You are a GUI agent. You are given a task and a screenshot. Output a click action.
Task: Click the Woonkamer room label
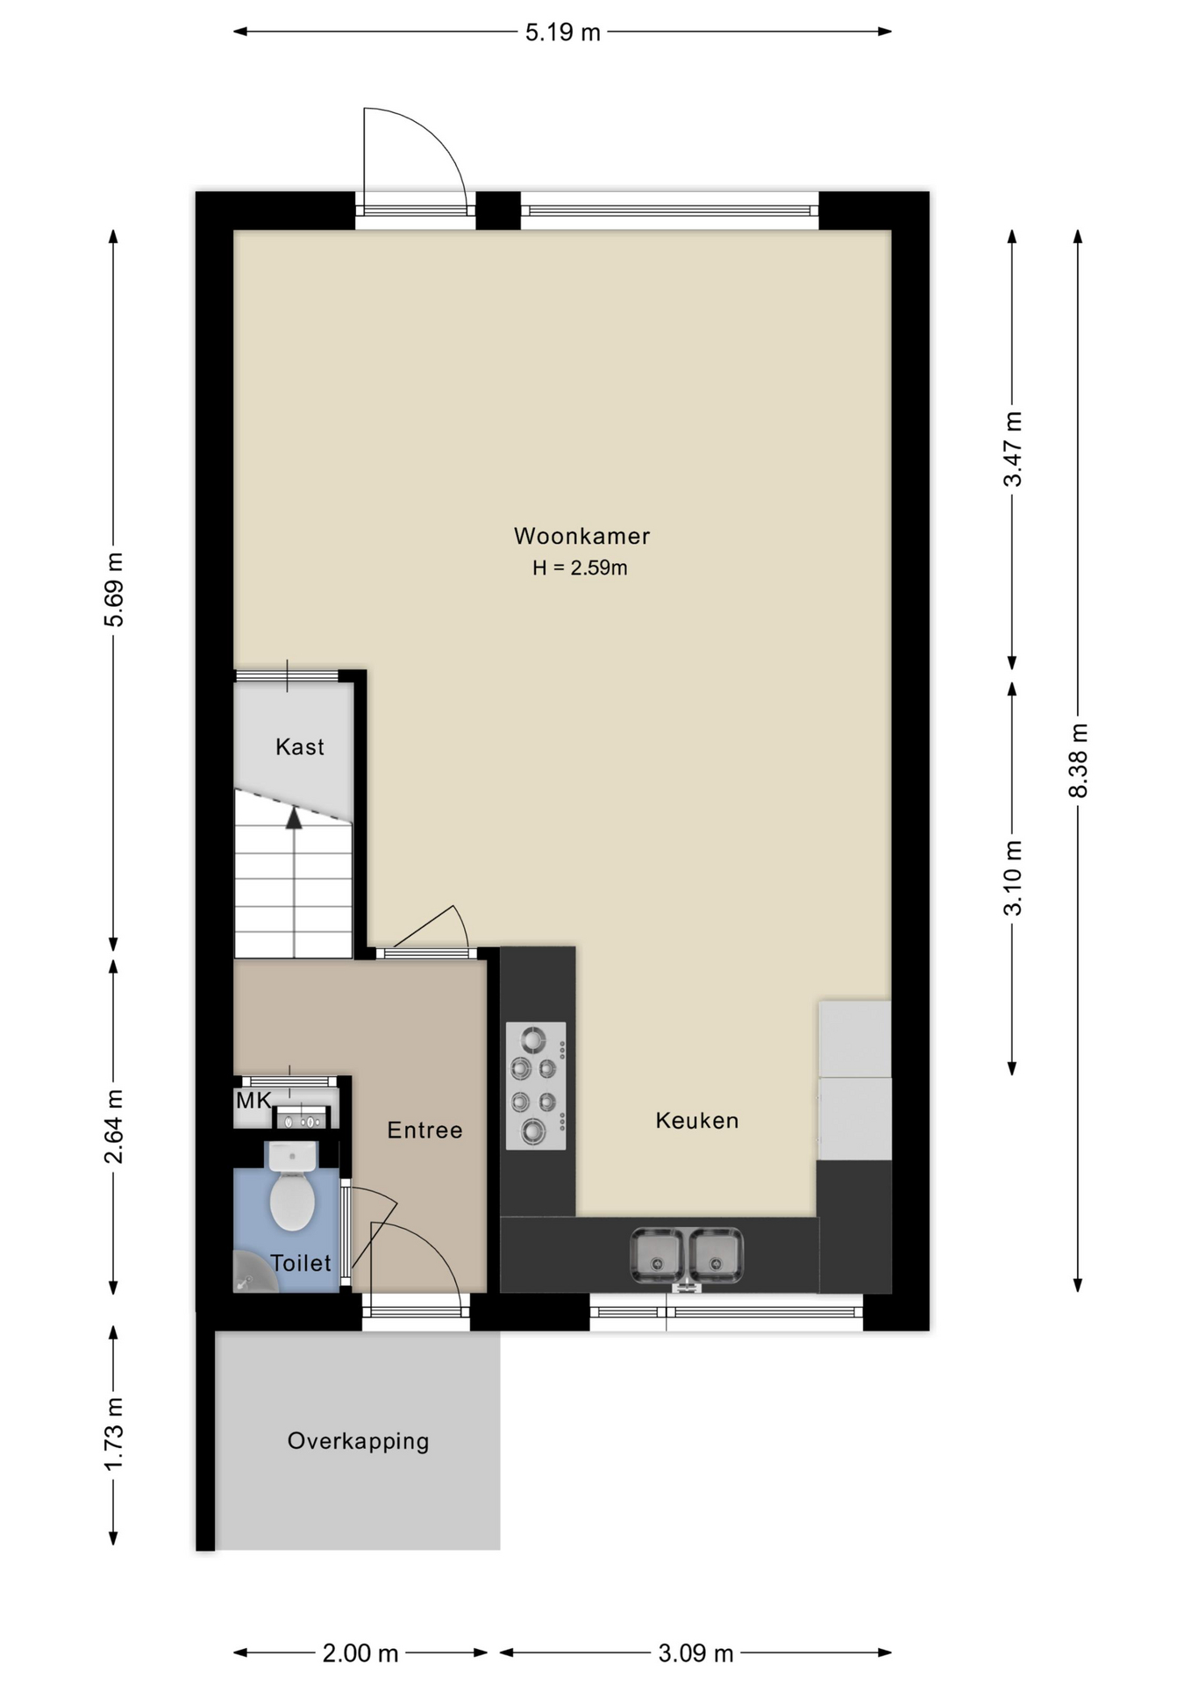[x=581, y=536]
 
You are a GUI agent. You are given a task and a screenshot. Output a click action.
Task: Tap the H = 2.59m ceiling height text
[x=580, y=568]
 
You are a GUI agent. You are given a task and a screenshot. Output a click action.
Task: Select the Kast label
[x=300, y=747]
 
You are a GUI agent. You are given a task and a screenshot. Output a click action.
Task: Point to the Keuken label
[x=697, y=1121]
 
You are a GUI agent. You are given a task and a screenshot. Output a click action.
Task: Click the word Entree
[x=424, y=1131]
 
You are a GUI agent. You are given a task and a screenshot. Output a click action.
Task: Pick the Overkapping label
[x=358, y=1442]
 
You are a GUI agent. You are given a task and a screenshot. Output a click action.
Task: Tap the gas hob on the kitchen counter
[x=536, y=1086]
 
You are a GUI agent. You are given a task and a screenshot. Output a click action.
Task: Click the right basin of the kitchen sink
[x=716, y=1255]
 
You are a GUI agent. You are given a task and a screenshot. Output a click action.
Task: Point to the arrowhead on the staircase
[x=294, y=818]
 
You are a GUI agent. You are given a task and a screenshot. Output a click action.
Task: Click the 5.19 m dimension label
[x=562, y=32]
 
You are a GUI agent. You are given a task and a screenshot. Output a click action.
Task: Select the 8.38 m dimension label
[x=1078, y=760]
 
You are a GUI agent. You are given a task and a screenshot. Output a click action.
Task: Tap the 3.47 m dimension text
[x=1013, y=448]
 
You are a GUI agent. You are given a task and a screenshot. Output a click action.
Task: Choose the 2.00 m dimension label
[x=360, y=1653]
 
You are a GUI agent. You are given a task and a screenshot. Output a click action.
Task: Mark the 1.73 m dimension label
[x=113, y=1435]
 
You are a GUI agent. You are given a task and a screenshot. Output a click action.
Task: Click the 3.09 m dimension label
[x=695, y=1653]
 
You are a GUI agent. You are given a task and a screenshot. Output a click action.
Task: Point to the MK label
[x=253, y=1100]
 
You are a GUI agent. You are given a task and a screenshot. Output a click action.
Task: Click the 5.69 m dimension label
[x=113, y=589]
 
